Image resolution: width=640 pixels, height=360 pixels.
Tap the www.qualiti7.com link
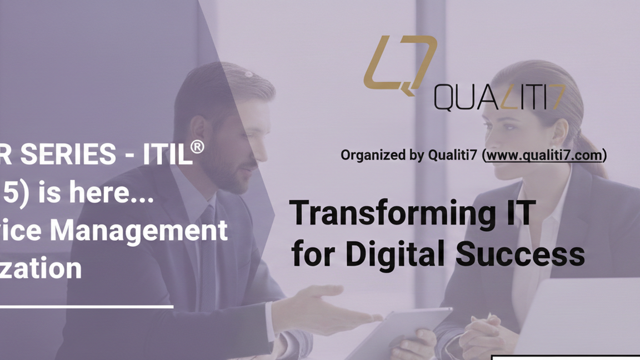tap(544, 155)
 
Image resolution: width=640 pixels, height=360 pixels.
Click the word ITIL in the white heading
tap(167, 154)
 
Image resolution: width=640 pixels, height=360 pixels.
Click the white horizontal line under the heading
tap(86, 306)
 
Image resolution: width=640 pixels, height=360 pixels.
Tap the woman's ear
tap(557, 131)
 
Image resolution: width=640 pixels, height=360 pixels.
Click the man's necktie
tap(208, 244)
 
